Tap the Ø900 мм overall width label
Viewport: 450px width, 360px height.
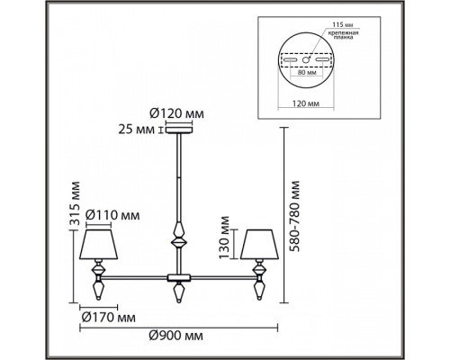[177, 336]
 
